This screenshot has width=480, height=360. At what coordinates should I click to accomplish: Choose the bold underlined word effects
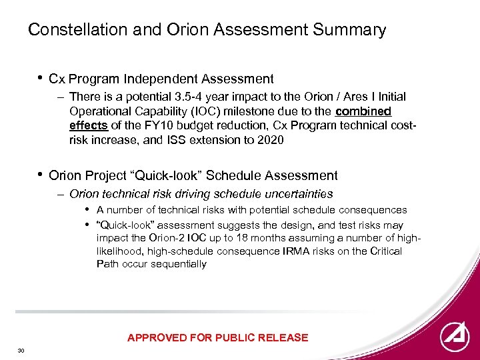(x=88, y=125)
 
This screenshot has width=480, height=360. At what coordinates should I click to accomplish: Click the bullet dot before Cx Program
(x=41, y=78)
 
